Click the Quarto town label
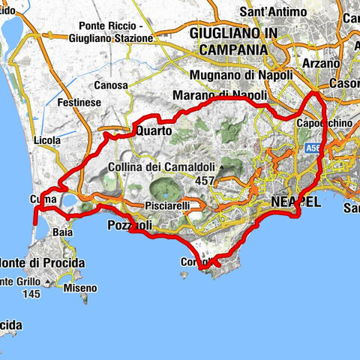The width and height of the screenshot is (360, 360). (x=154, y=130)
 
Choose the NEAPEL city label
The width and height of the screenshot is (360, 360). (x=295, y=203)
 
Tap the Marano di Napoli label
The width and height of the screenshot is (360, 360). (x=220, y=95)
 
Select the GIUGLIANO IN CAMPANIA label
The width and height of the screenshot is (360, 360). (x=229, y=41)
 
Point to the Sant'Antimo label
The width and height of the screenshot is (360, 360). (x=272, y=12)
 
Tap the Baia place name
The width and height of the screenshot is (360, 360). (x=63, y=233)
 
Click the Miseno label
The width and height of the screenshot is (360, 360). (x=80, y=288)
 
